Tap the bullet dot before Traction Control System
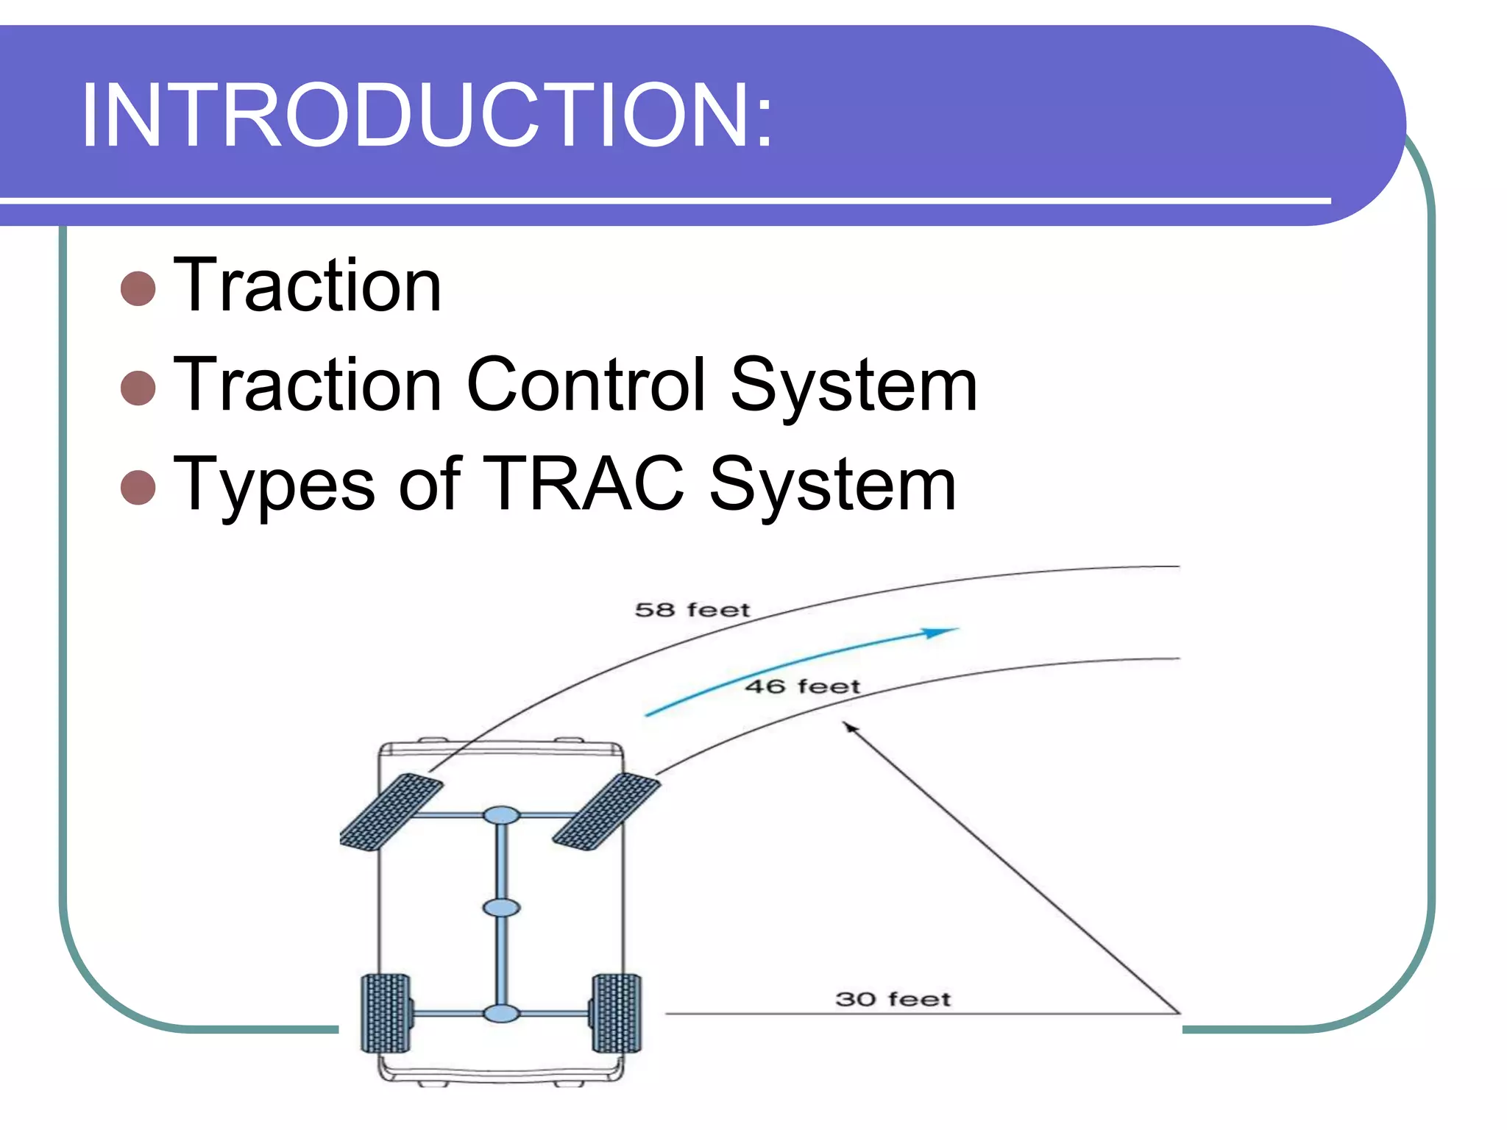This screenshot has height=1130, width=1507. (138, 387)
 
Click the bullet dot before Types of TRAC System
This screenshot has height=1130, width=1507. (138, 487)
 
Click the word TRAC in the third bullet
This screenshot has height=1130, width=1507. (583, 483)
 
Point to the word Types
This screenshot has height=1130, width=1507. (274, 486)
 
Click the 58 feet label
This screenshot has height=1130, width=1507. (692, 610)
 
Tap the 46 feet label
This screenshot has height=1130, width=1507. (802, 686)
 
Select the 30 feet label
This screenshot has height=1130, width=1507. (893, 999)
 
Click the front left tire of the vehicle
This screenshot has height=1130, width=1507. (391, 812)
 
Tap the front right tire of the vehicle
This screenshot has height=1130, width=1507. (606, 811)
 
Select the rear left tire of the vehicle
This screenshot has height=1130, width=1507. (385, 1013)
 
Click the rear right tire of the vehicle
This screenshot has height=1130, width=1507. (617, 1013)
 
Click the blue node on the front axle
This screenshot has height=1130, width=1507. (501, 815)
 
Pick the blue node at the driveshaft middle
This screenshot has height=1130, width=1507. (501, 908)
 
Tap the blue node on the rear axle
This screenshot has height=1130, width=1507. (501, 1014)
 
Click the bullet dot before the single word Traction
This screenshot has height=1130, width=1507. (138, 288)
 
